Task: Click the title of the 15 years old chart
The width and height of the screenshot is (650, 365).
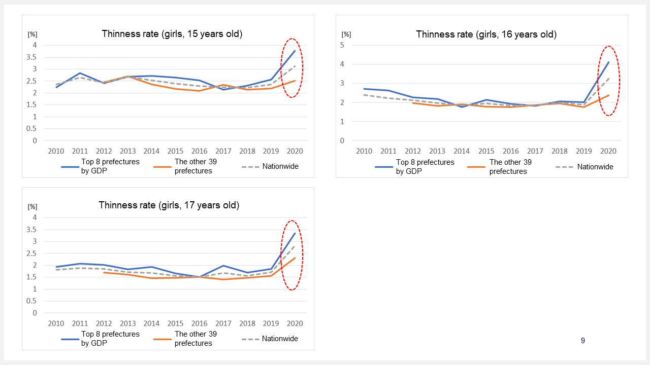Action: pos(172,34)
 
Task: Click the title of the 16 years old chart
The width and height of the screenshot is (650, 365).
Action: pos(486,34)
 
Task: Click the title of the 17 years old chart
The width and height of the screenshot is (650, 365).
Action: pos(169,205)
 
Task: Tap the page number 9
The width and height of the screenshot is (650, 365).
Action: pos(582,341)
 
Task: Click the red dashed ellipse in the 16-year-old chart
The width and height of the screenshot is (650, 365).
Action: pos(608,81)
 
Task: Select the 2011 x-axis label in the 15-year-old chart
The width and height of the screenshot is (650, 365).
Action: pos(80,151)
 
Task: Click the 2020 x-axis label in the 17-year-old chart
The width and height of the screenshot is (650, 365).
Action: pos(295,323)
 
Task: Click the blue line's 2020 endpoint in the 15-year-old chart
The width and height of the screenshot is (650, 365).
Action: pos(295,50)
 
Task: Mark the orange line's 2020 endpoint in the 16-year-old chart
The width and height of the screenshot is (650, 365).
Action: pos(608,95)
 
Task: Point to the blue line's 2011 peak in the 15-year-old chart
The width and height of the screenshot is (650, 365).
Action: pos(80,73)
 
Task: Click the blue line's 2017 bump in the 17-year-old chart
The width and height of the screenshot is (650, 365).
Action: pos(223,266)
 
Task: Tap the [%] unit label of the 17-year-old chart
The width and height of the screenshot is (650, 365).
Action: pos(32,206)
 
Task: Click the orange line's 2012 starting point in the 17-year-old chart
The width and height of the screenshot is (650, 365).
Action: pos(104,273)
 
